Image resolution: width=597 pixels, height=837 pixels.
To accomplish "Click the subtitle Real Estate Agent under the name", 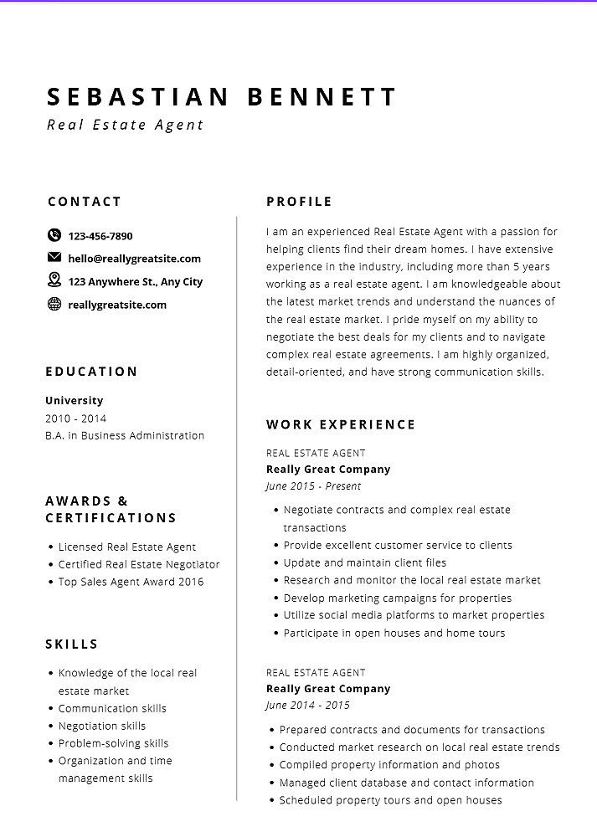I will (x=126, y=126).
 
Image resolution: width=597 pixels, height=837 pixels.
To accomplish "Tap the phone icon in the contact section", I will (x=54, y=236).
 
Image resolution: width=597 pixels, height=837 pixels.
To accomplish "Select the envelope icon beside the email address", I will (x=54, y=258).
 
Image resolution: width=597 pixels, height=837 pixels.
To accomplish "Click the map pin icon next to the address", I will (x=54, y=280).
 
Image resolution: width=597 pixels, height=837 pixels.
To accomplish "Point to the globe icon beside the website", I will (x=54, y=304).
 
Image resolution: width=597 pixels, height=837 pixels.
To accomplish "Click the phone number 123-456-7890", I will (x=100, y=236).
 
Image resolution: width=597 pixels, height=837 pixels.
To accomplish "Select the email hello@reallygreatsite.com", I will (x=135, y=259).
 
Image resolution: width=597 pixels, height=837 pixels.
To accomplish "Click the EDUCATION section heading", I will (x=91, y=372).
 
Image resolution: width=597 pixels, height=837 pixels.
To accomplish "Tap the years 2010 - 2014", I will (x=76, y=418).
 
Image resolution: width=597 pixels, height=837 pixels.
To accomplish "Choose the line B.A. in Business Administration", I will (x=125, y=435).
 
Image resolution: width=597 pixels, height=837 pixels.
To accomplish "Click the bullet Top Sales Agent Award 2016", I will (x=131, y=582).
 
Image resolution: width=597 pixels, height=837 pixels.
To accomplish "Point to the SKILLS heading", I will (x=72, y=644).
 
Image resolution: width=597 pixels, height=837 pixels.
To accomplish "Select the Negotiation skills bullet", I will (x=101, y=726).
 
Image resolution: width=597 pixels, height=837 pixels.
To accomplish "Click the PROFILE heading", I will (x=299, y=202).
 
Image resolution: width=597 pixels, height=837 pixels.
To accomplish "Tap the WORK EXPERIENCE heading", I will (x=341, y=424).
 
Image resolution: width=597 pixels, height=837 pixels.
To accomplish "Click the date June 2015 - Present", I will (x=314, y=486).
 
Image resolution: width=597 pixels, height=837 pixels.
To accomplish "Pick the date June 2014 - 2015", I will (x=308, y=706).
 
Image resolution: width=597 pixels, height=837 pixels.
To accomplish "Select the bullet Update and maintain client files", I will (x=365, y=562).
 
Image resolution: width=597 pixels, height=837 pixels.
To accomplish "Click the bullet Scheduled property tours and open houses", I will (x=390, y=800).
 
